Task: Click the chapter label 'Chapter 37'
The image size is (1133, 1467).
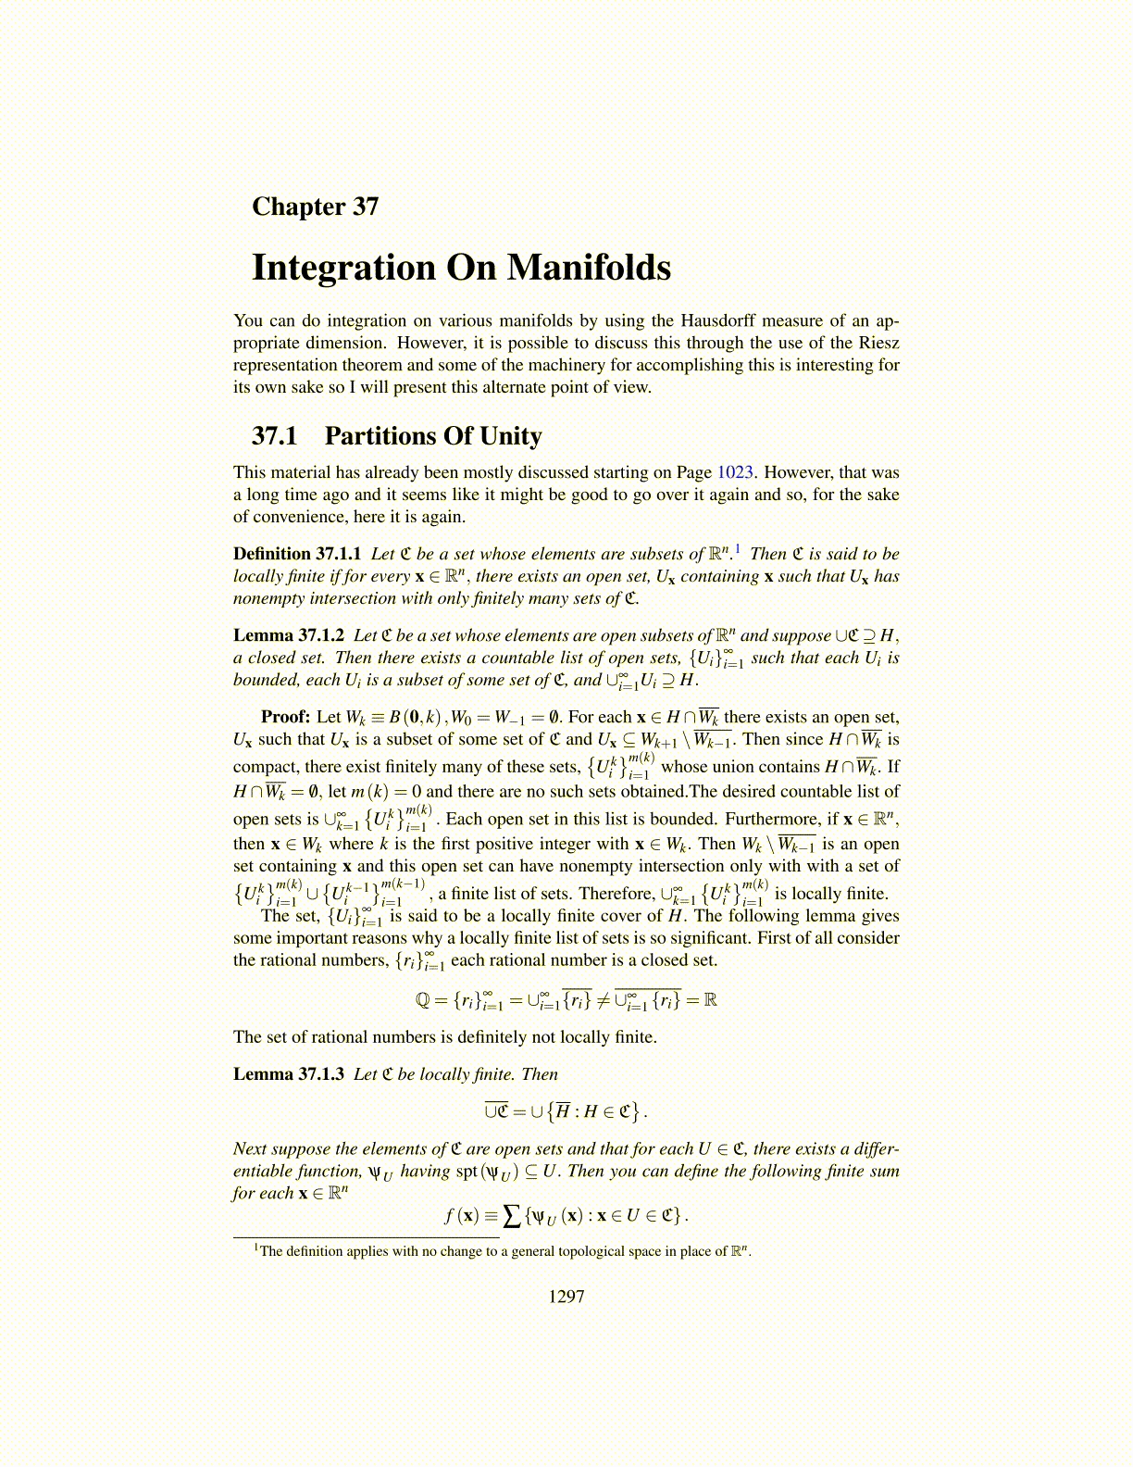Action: coord(315,207)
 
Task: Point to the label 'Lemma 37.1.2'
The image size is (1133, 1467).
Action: coord(289,635)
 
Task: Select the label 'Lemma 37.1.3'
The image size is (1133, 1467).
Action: coord(289,1074)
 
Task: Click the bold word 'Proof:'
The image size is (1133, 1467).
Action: coord(286,717)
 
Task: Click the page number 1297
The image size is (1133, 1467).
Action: coord(566,1297)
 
